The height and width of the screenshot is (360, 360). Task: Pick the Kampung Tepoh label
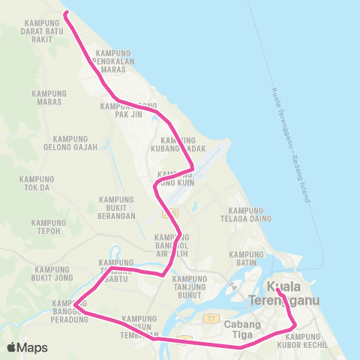pos(49,227)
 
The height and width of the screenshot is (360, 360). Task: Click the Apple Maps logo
pos(28,347)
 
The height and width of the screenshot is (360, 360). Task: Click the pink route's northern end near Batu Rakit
pos(66,13)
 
